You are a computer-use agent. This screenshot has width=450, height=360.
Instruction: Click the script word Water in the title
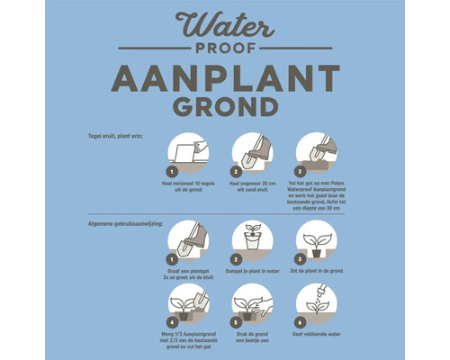click(x=225, y=25)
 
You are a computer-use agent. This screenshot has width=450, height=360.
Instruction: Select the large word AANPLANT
click(x=225, y=79)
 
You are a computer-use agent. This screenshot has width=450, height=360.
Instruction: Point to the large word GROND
click(x=225, y=108)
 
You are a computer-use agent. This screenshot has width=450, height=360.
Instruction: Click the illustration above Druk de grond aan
click(x=253, y=303)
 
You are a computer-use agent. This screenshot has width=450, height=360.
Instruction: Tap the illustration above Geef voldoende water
click(x=316, y=303)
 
